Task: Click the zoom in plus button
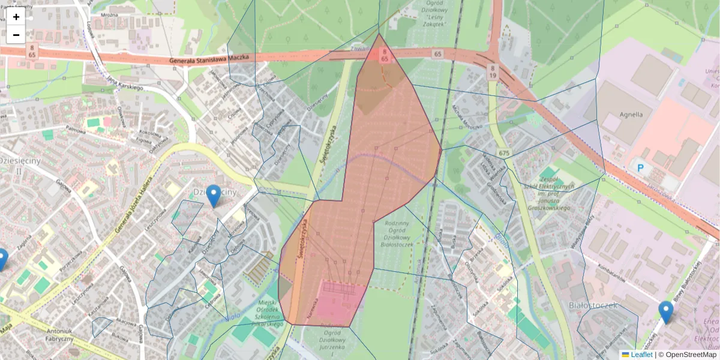click(x=16, y=17)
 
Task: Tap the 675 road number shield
click(x=503, y=153)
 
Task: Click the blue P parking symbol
click(x=640, y=169)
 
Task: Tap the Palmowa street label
click(x=76, y=128)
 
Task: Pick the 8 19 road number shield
click(x=492, y=72)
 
